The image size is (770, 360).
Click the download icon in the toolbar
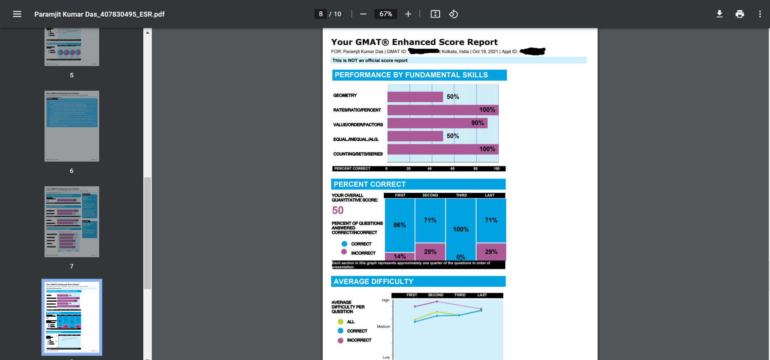pos(719,14)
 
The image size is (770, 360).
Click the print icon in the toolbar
pos(740,14)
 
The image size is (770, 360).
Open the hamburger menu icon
pos(17,14)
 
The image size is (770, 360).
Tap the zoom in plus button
pos(408,14)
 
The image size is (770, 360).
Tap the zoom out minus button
pos(363,14)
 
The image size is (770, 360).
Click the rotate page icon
pos(453,14)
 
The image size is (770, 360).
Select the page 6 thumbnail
pos(72,126)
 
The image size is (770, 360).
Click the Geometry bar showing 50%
pos(415,97)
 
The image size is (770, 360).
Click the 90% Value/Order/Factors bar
pos(437,123)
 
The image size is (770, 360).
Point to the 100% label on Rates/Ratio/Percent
pos(487,110)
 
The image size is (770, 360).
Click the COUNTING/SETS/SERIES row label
pos(358,154)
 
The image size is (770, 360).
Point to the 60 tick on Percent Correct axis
pos(452,168)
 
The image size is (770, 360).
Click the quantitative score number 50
pos(338,210)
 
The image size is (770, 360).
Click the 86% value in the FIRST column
pos(400,225)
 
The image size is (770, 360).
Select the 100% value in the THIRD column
pos(461,229)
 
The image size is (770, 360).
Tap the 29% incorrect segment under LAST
pos(491,252)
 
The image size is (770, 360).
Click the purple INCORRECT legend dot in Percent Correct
pos(344,252)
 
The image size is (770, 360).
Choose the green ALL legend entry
pos(347,322)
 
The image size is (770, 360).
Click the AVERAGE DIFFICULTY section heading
pos(373,281)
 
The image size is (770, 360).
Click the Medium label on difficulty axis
pos(383,326)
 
